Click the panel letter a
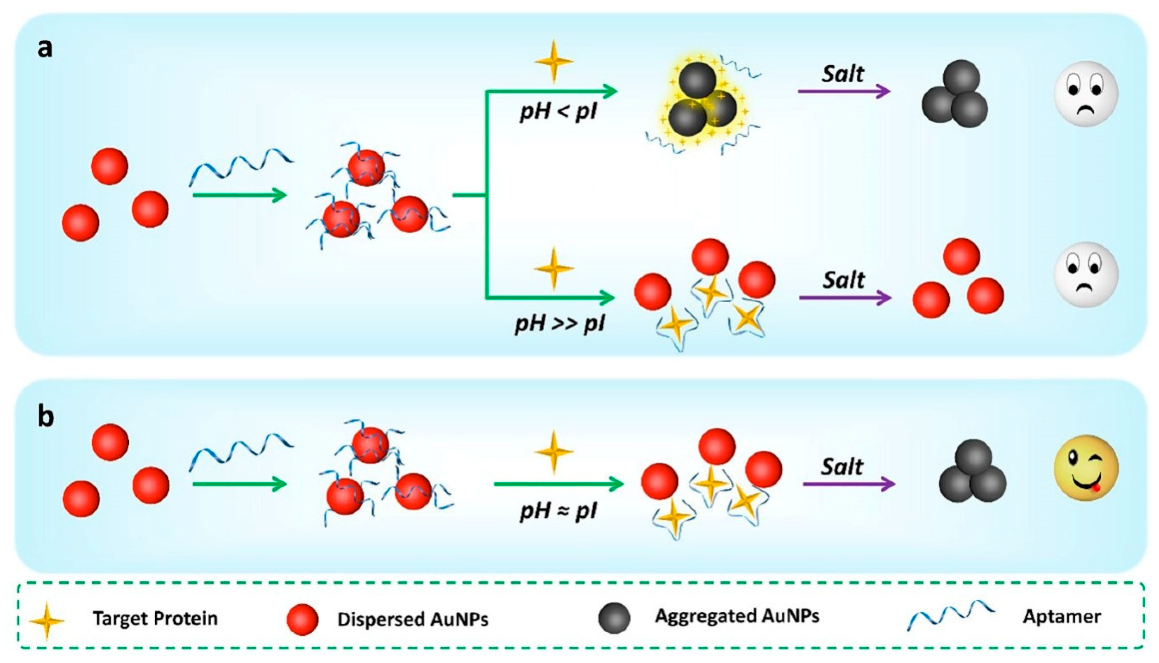point(45,48)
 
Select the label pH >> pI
point(560,324)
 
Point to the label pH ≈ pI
point(559,511)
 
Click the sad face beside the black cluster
point(1086,93)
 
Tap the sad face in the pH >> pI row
point(1086,274)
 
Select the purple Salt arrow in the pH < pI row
point(844,92)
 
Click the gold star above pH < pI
point(554,62)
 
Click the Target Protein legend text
point(155,618)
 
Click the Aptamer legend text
point(1061,616)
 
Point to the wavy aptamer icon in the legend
point(951,615)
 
